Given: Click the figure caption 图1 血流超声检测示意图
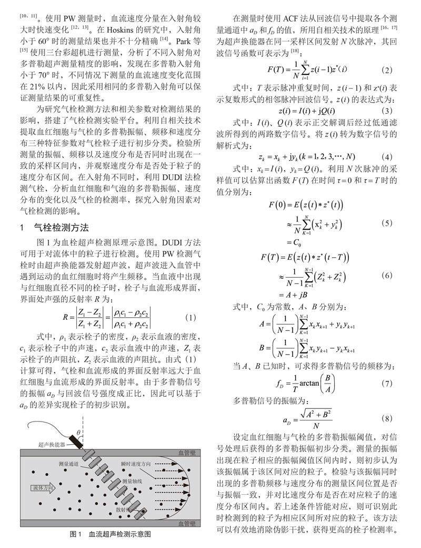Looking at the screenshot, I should click(x=111, y=534).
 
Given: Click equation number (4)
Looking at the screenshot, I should click(x=387, y=156).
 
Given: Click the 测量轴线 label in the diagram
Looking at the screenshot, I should click(x=132, y=482).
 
